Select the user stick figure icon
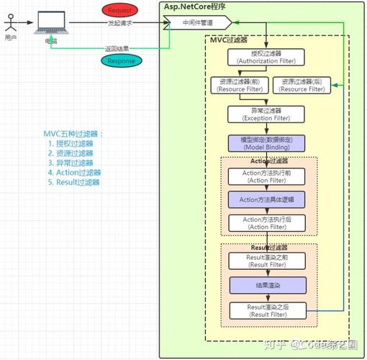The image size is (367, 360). (x=9, y=25)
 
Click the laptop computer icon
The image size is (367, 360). (x=51, y=24)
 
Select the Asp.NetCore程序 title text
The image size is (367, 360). (x=195, y=6)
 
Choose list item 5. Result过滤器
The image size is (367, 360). (x=74, y=182)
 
